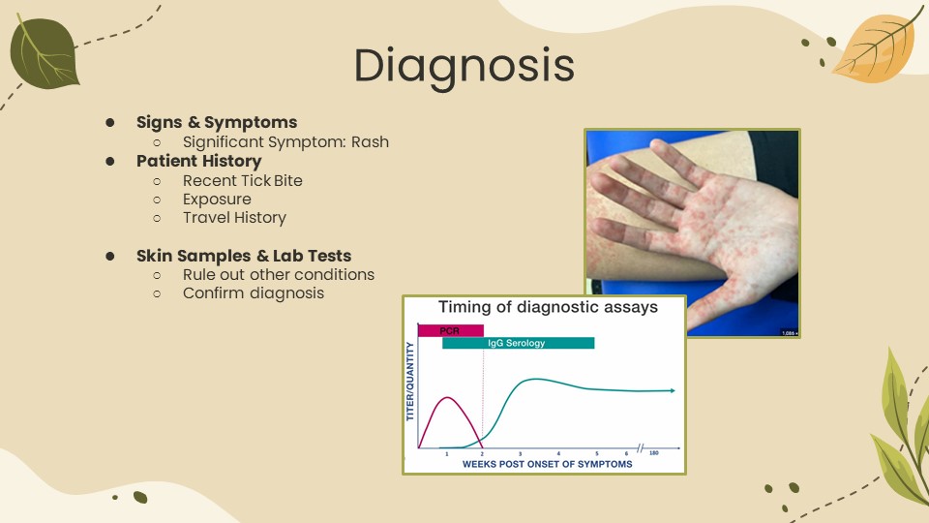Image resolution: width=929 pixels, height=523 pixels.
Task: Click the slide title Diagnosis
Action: click(x=464, y=66)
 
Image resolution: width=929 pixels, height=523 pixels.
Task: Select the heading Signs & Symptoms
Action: click(x=217, y=122)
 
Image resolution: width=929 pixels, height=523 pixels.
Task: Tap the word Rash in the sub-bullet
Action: click(x=371, y=141)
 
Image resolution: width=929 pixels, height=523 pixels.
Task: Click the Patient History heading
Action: click(x=199, y=162)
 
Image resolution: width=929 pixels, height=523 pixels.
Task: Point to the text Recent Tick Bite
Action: click(x=242, y=180)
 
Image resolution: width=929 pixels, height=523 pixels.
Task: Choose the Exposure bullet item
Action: click(x=217, y=200)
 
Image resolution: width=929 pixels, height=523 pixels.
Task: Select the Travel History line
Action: click(x=234, y=218)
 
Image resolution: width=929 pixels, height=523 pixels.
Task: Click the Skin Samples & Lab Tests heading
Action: click(x=244, y=256)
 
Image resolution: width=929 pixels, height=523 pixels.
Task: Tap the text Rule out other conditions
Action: click(x=279, y=274)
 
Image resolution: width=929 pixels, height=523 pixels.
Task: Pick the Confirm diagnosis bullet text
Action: click(x=254, y=292)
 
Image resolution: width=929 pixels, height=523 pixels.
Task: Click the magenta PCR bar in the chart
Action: click(x=451, y=330)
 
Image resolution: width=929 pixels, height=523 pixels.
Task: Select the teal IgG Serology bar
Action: click(x=519, y=343)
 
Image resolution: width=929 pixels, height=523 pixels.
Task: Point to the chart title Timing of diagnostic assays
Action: click(x=548, y=307)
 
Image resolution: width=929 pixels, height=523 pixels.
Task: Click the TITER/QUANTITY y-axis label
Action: click(x=410, y=382)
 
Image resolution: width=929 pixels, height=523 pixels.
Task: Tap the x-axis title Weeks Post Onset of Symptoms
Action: click(x=548, y=464)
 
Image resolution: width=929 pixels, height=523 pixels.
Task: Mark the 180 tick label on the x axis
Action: click(x=653, y=453)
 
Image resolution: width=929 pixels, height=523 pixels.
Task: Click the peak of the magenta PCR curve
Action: click(x=447, y=397)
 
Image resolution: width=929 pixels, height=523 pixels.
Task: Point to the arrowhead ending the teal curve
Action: click(x=673, y=390)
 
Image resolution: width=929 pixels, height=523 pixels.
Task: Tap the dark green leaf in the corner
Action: click(x=44, y=52)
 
